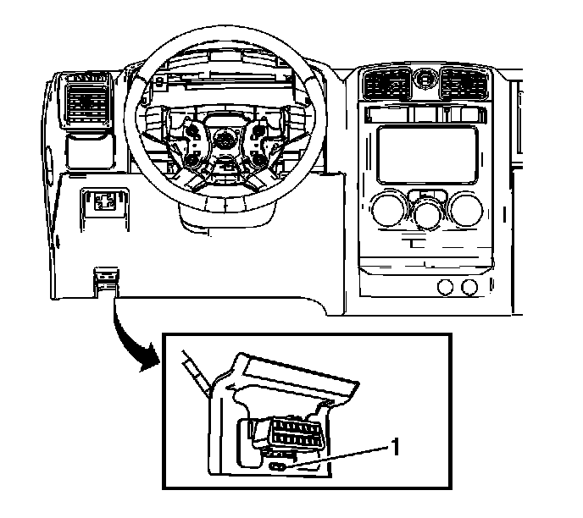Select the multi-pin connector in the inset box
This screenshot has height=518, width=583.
pyautogui.click(x=293, y=439)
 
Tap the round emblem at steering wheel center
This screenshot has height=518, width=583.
pyautogui.click(x=226, y=142)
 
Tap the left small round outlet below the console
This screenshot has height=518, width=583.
pyautogui.click(x=444, y=288)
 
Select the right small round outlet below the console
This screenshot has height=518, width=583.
pyautogui.click(x=469, y=288)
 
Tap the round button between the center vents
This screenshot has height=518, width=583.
pyautogui.click(x=425, y=81)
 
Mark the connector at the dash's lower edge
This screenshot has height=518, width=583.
pyautogui.click(x=106, y=278)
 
